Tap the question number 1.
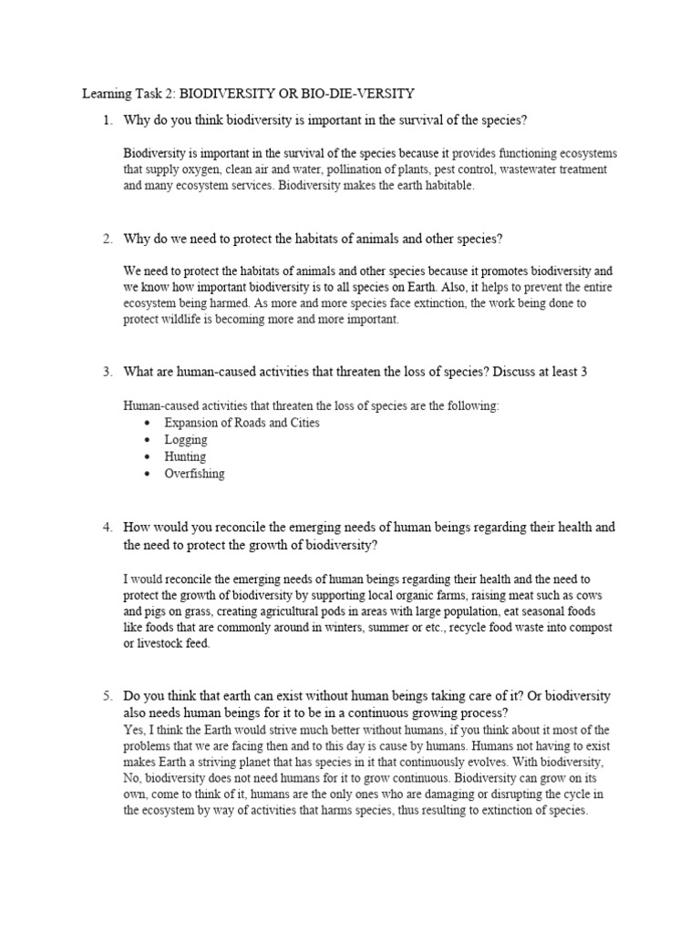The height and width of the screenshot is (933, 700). [107, 120]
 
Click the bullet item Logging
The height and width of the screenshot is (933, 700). [185, 439]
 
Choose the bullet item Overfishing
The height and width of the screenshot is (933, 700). [194, 474]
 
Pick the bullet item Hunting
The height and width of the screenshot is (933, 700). [185, 456]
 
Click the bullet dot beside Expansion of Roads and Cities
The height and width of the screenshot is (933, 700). [148, 423]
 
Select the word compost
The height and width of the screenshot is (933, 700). [592, 628]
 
